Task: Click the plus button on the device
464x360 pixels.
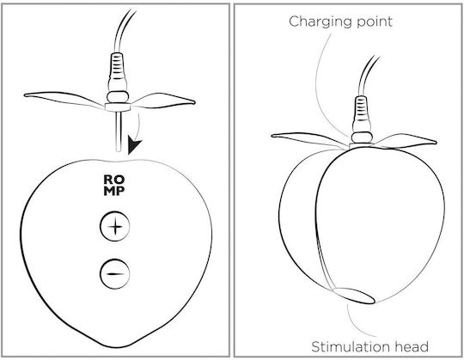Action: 115,227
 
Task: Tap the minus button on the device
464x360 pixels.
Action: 115,273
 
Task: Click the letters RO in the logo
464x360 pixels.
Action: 114,180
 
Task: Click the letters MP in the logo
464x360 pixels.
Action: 114,191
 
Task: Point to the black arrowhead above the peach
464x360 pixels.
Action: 133,145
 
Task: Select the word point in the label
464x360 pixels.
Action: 375,22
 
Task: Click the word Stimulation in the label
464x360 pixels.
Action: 351,347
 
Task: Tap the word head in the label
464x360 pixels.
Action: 412,347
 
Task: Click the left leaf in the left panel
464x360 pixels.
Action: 64,99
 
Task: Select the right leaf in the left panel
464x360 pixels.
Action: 162,101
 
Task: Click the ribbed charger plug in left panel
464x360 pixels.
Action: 117,71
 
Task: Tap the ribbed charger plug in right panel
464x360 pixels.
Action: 361,114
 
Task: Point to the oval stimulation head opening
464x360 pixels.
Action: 354,296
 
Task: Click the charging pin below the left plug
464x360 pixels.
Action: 119,131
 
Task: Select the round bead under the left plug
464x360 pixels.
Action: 118,97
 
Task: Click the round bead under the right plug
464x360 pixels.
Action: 362,137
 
